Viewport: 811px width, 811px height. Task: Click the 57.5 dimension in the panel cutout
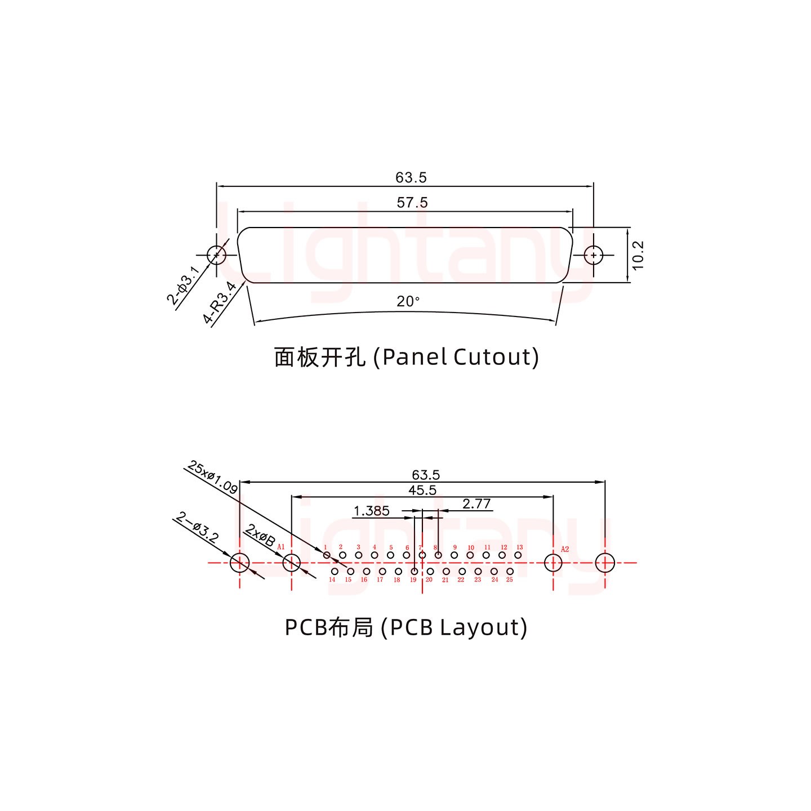[x=412, y=202]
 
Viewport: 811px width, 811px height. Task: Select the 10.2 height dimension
[x=638, y=255]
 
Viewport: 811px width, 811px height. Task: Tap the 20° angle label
[x=408, y=302]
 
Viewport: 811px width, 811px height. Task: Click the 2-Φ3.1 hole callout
[x=183, y=286]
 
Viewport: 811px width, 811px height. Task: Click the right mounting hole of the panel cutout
[x=593, y=255]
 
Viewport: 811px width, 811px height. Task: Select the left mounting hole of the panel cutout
[x=216, y=255]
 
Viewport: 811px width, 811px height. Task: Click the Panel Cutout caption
[x=406, y=357]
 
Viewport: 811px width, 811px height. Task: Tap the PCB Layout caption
[x=406, y=627]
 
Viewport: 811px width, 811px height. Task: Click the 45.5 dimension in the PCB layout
[x=422, y=491]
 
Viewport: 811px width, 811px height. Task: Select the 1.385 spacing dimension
[x=371, y=511]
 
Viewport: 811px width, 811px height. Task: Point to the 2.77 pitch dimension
[x=476, y=504]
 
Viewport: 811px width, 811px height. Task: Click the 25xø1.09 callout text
[x=212, y=477]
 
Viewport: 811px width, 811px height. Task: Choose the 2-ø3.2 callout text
[x=198, y=527]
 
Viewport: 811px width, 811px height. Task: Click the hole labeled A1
[x=291, y=563]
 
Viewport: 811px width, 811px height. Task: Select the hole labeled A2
[x=553, y=563]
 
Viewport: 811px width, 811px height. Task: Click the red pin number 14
[x=332, y=580]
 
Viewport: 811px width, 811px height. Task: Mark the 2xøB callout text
[x=260, y=536]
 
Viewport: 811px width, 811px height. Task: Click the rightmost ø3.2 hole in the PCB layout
[x=605, y=563]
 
